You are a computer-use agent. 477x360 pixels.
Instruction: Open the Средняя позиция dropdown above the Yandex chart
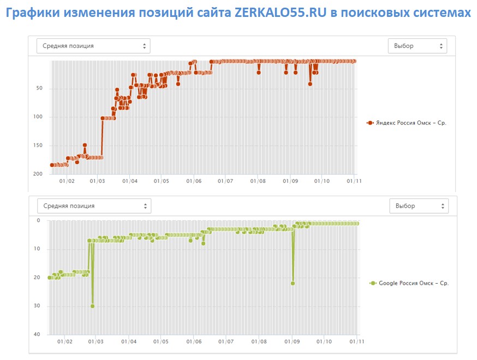point(93,46)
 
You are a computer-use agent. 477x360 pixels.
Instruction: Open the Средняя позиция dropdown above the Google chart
point(94,206)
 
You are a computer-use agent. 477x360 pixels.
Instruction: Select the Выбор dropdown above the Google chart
point(419,206)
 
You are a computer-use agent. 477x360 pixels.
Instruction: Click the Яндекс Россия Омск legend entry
point(407,123)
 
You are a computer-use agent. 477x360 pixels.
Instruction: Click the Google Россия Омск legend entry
point(409,283)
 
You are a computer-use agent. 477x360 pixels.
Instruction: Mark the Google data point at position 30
point(92,306)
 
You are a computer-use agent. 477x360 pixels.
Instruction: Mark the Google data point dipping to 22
point(293,283)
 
